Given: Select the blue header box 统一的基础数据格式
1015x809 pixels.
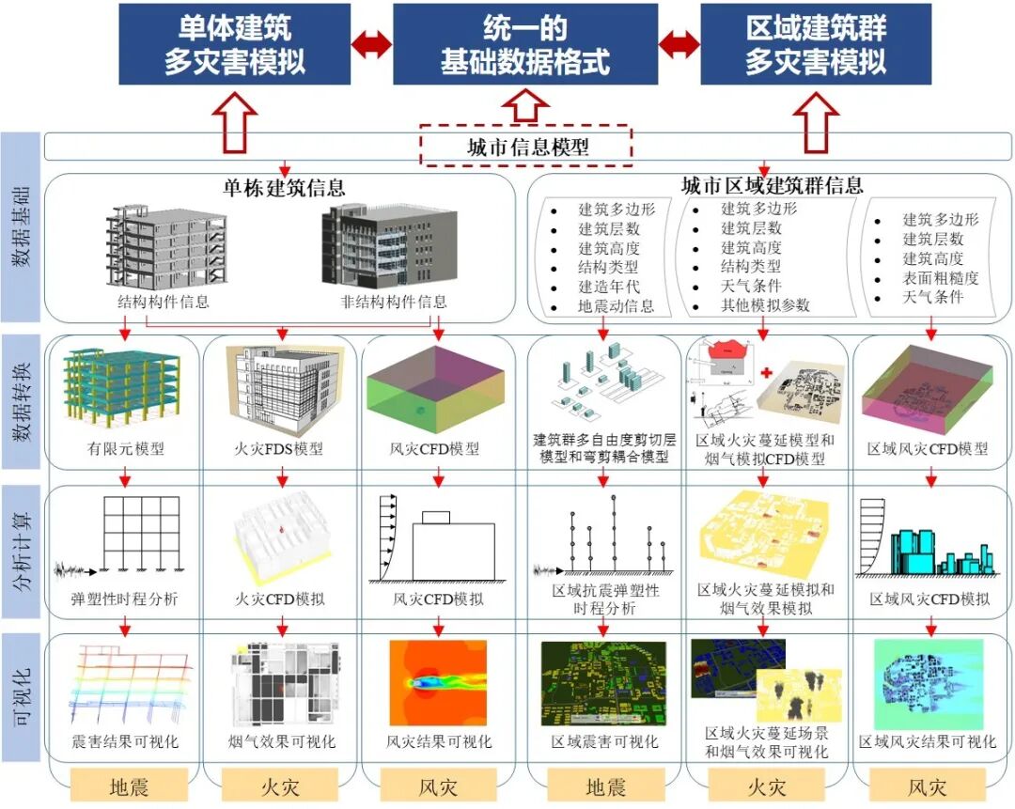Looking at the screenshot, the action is click(524, 44).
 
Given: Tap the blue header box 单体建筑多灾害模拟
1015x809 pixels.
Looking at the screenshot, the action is click(234, 44).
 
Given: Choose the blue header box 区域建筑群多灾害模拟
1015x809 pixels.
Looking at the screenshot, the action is click(815, 44).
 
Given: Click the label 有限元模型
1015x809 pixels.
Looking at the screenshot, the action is click(123, 448).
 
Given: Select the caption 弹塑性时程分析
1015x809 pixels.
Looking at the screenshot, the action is click(123, 599).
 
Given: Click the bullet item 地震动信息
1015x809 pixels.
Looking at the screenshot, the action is click(616, 306).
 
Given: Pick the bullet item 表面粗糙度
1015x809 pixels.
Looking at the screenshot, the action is click(940, 278).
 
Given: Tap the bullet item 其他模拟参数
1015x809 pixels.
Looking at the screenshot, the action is click(765, 305).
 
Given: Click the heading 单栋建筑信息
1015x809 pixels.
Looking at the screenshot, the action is click(283, 187).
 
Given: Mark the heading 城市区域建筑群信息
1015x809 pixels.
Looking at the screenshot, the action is click(773, 185).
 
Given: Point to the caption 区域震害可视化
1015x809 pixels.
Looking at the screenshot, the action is click(604, 741).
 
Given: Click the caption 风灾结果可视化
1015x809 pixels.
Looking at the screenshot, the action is click(439, 741).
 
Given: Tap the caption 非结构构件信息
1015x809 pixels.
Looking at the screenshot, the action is click(393, 302).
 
